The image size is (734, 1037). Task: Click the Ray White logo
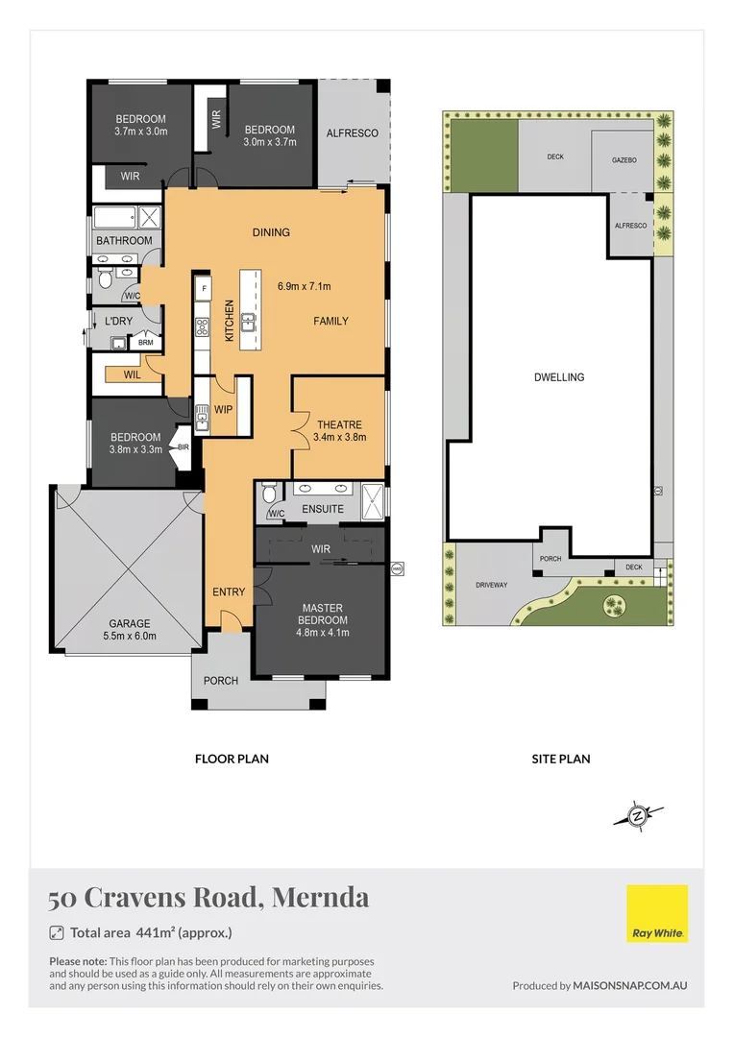pyautogui.click(x=657, y=913)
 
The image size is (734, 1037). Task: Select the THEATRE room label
pyautogui.click(x=339, y=423)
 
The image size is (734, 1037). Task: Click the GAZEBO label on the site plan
pyautogui.click(x=624, y=159)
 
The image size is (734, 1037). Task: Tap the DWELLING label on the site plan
pyautogui.click(x=558, y=377)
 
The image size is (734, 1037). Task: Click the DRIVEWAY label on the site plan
pyautogui.click(x=491, y=584)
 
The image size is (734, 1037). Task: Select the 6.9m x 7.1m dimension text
pyautogui.click(x=304, y=286)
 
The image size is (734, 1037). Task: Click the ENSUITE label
pyautogui.click(x=322, y=509)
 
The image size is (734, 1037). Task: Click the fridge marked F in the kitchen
pyautogui.click(x=204, y=288)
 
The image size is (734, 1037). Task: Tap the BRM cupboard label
pyautogui.click(x=145, y=342)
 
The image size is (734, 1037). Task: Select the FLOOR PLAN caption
pyautogui.click(x=232, y=759)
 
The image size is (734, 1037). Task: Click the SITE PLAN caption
pyautogui.click(x=560, y=759)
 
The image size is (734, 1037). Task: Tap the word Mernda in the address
pyautogui.click(x=321, y=899)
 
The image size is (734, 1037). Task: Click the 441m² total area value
pyautogui.click(x=155, y=932)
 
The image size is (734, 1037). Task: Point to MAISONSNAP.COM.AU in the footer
pyautogui.click(x=630, y=985)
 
